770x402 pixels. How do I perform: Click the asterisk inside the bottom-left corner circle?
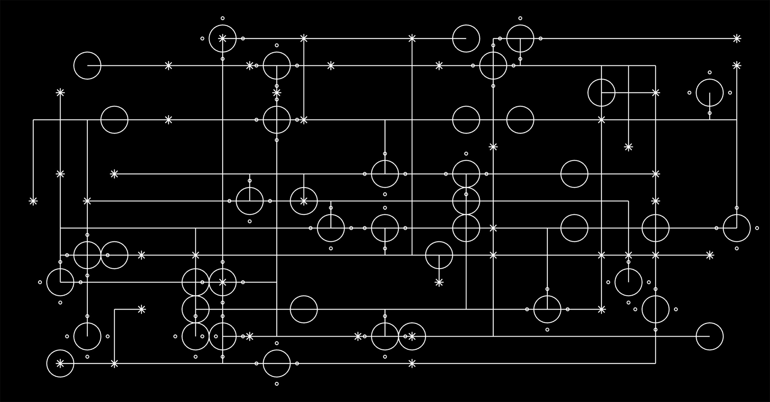[x=60, y=363]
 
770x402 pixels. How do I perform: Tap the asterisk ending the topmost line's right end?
[x=737, y=39]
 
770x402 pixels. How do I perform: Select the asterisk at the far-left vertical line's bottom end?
[x=33, y=201]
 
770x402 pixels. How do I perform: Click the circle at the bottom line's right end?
[x=709, y=336]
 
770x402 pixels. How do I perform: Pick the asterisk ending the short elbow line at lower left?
[x=141, y=309]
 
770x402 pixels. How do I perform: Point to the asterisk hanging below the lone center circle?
[x=439, y=282]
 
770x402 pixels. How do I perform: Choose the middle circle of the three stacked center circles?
[x=466, y=201]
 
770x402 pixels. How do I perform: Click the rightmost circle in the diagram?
[x=737, y=228]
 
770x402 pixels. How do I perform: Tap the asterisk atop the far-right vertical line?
[x=737, y=65]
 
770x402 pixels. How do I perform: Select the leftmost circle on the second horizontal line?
[x=87, y=65]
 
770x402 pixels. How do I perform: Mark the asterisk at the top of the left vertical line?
[x=60, y=93]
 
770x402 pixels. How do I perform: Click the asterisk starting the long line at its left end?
[x=114, y=174]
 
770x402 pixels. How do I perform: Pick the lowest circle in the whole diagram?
[x=277, y=363]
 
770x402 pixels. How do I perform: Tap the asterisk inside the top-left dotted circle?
[x=223, y=39]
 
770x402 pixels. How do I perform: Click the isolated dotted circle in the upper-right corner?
[x=709, y=93]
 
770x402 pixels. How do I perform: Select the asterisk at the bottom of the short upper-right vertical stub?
[x=628, y=147]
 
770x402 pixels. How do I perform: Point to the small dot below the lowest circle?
[x=277, y=384]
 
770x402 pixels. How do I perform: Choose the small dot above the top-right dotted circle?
[x=520, y=18]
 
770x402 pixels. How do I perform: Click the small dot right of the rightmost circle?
[x=757, y=228]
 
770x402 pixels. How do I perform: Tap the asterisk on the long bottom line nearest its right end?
[x=412, y=363]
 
